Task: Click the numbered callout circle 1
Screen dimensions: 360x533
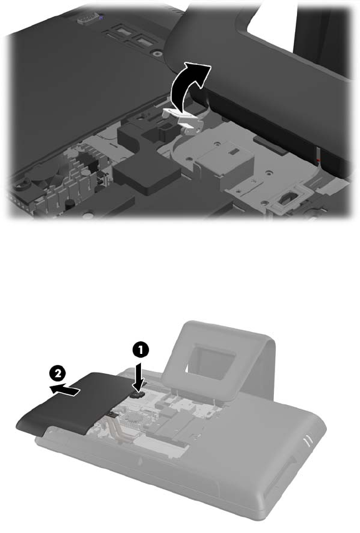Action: [x=140, y=350]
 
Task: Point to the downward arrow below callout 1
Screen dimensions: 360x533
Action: [x=139, y=378]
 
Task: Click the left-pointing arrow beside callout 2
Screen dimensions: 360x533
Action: [x=65, y=390]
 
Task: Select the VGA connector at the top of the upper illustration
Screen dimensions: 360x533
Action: [x=89, y=18]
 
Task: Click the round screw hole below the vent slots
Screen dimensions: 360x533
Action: [x=156, y=53]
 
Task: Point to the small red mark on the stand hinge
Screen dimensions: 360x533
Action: [x=318, y=159]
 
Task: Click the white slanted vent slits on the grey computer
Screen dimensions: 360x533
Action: [x=308, y=440]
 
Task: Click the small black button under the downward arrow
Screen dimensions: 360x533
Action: [x=139, y=394]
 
